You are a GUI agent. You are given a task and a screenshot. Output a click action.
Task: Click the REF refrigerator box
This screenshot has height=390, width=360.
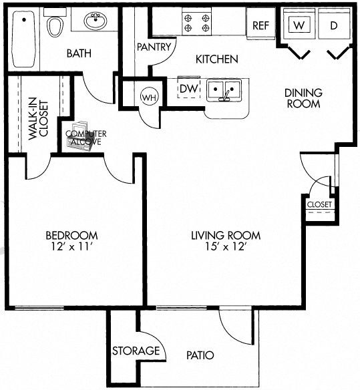(x=260, y=25)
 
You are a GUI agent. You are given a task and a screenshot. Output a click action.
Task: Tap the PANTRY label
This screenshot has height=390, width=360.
(x=155, y=47)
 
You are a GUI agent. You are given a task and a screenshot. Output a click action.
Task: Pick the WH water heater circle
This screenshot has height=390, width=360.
(x=148, y=97)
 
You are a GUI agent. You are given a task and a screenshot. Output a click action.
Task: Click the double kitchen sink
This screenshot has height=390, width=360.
(x=223, y=90)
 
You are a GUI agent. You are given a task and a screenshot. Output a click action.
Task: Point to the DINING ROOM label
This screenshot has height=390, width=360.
(x=303, y=98)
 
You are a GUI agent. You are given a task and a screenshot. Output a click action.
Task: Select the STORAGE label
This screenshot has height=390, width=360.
(x=136, y=351)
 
